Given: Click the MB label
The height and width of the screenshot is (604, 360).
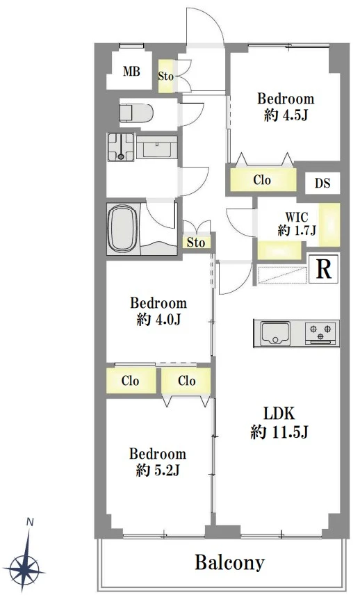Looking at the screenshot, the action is pos(131,72).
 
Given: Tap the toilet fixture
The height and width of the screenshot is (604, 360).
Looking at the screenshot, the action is pos(136,113).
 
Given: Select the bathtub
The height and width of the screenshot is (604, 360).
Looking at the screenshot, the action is pos(123,229).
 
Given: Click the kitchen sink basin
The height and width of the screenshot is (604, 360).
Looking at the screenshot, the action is pos(275,333).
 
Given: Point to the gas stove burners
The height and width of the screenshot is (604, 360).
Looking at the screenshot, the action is pos(320,333).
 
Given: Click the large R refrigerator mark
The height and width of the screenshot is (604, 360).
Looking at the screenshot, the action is pos(323,268).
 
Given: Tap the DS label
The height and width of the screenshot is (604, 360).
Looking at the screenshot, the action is pos(322,183).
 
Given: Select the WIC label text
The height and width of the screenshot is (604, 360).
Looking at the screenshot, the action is pos(297,217).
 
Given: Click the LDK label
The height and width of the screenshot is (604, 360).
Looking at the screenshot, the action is pos(279,414).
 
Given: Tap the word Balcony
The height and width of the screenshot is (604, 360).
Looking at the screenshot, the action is pos(229,563).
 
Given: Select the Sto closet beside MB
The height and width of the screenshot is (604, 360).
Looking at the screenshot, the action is pos(166,76).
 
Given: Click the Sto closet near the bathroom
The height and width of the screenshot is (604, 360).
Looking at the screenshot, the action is pos(196,242).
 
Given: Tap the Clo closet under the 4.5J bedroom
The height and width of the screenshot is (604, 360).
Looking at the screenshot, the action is pos(263,180).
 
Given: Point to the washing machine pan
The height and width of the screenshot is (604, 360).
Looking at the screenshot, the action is pos(121,147).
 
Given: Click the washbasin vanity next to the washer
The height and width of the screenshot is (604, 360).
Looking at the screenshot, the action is pos(156,147).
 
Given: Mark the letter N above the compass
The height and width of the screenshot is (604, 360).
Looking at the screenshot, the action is pos(30,522).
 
